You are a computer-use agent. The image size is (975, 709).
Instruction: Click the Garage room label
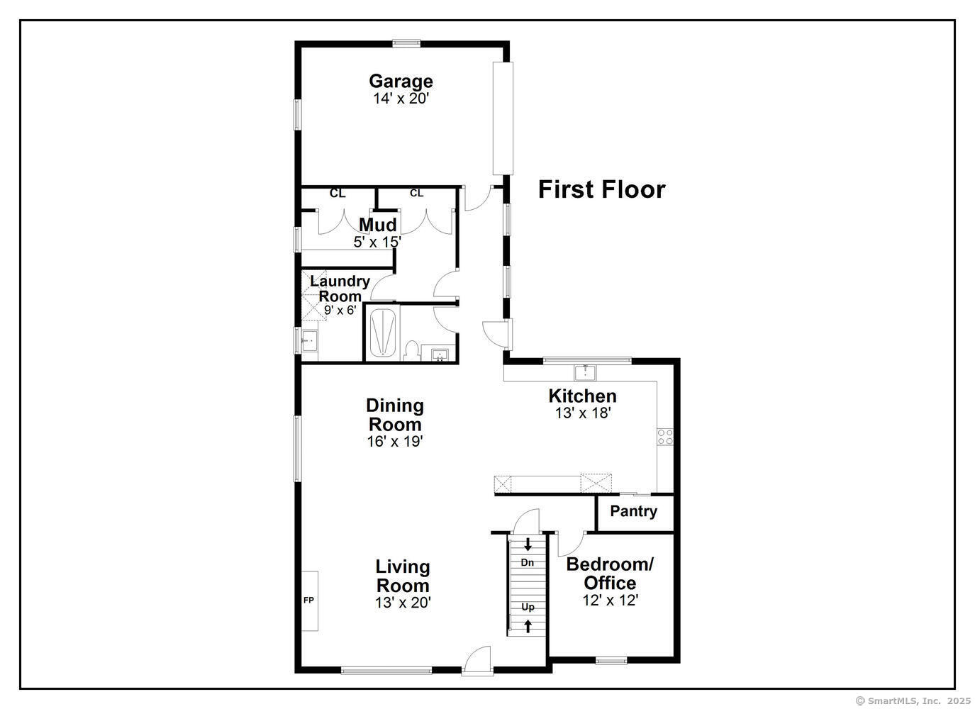(x=401, y=81)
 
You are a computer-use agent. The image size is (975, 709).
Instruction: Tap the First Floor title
(x=601, y=189)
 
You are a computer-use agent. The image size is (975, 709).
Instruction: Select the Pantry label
(x=633, y=511)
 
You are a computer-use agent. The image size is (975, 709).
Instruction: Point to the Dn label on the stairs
(x=528, y=562)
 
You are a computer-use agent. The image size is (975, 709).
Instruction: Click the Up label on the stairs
(x=528, y=607)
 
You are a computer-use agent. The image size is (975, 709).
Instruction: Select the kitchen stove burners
(x=665, y=437)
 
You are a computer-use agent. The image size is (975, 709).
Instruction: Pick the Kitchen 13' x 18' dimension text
(x=583, y=413)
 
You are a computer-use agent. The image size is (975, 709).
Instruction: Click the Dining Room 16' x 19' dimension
(x=394, y=442)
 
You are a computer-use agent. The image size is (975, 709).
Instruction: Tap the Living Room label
(x=403, y=576)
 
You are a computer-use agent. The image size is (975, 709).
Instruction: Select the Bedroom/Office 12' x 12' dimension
(x=611, y=601)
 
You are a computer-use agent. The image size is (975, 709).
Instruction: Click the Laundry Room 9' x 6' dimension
(x=340, y=310)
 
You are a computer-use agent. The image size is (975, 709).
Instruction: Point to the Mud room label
(x=377, y=225)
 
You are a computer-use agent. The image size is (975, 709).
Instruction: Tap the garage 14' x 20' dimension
(x=401, y=99)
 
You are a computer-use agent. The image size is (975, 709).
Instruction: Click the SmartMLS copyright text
(x=913, y=700)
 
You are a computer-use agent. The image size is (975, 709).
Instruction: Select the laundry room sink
(x=309, y=341)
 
